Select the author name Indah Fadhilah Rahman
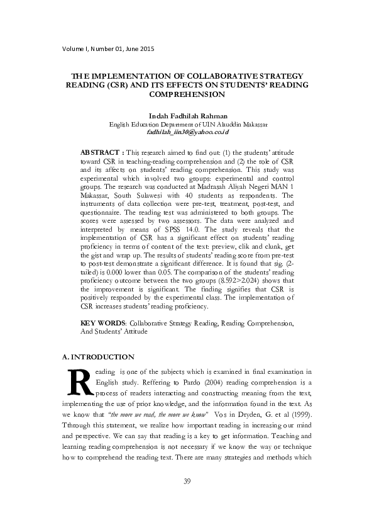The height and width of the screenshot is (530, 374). (x=187, y=116)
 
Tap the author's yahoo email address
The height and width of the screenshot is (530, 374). (x=187, y=133)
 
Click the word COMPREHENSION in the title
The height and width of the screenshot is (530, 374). (x=187, y=94)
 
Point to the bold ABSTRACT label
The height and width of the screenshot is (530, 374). (x=101, y=153)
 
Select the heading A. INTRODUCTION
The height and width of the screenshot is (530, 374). (x=99, y=357)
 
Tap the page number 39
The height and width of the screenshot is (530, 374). (x=187, y=482)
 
